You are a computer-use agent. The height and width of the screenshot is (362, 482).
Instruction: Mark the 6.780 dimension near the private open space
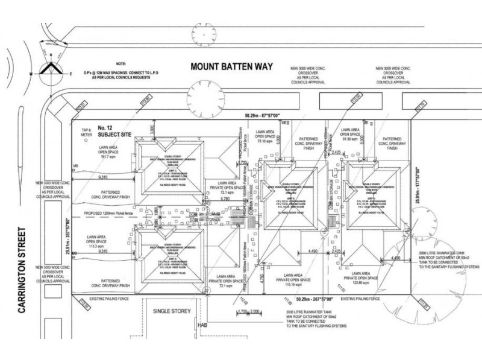pos(227,198)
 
